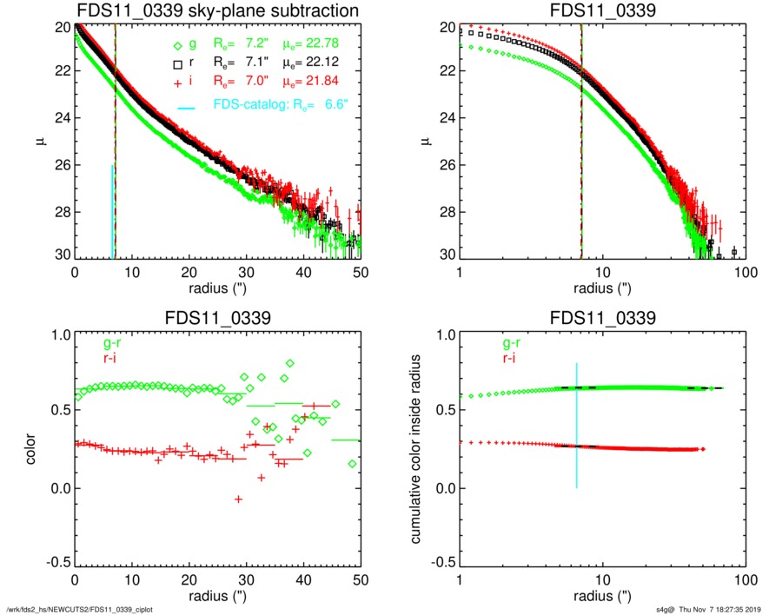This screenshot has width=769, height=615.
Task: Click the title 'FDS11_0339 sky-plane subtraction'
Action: coord(218,10)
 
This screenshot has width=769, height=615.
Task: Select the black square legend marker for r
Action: coord(177,63)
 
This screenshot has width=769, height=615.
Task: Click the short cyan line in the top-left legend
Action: coord(187,108)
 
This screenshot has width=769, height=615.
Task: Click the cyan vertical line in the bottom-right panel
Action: coord(576,425)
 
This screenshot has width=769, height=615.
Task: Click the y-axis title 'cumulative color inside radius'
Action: coord(417,450)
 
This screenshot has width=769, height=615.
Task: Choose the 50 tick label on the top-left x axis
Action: coord(361,274)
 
